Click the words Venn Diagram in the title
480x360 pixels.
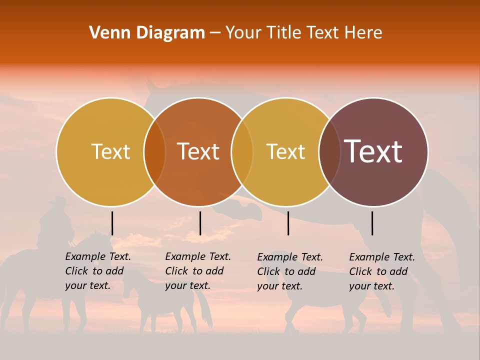pos(147,33)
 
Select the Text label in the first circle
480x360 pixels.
pos(110,151)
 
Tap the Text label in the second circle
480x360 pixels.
pos(198,151)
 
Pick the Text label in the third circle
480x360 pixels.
pos(286,151)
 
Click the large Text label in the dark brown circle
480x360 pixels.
pos(373,151)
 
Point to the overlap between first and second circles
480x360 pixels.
pos(154,151)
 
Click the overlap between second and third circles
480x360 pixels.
pos(242,151)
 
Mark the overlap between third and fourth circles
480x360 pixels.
pos(329,151)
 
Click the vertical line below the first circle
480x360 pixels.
pos(112,223)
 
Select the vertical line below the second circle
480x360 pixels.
pos(200,223)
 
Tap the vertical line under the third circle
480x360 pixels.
pos(288,223)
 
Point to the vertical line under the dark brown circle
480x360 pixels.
pos(372,223)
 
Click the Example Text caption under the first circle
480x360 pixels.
pos(98,271)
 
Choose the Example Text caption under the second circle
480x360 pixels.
pos(198,271)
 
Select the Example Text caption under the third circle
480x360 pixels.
pos(290,271)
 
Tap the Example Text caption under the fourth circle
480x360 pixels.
pos(382,271)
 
